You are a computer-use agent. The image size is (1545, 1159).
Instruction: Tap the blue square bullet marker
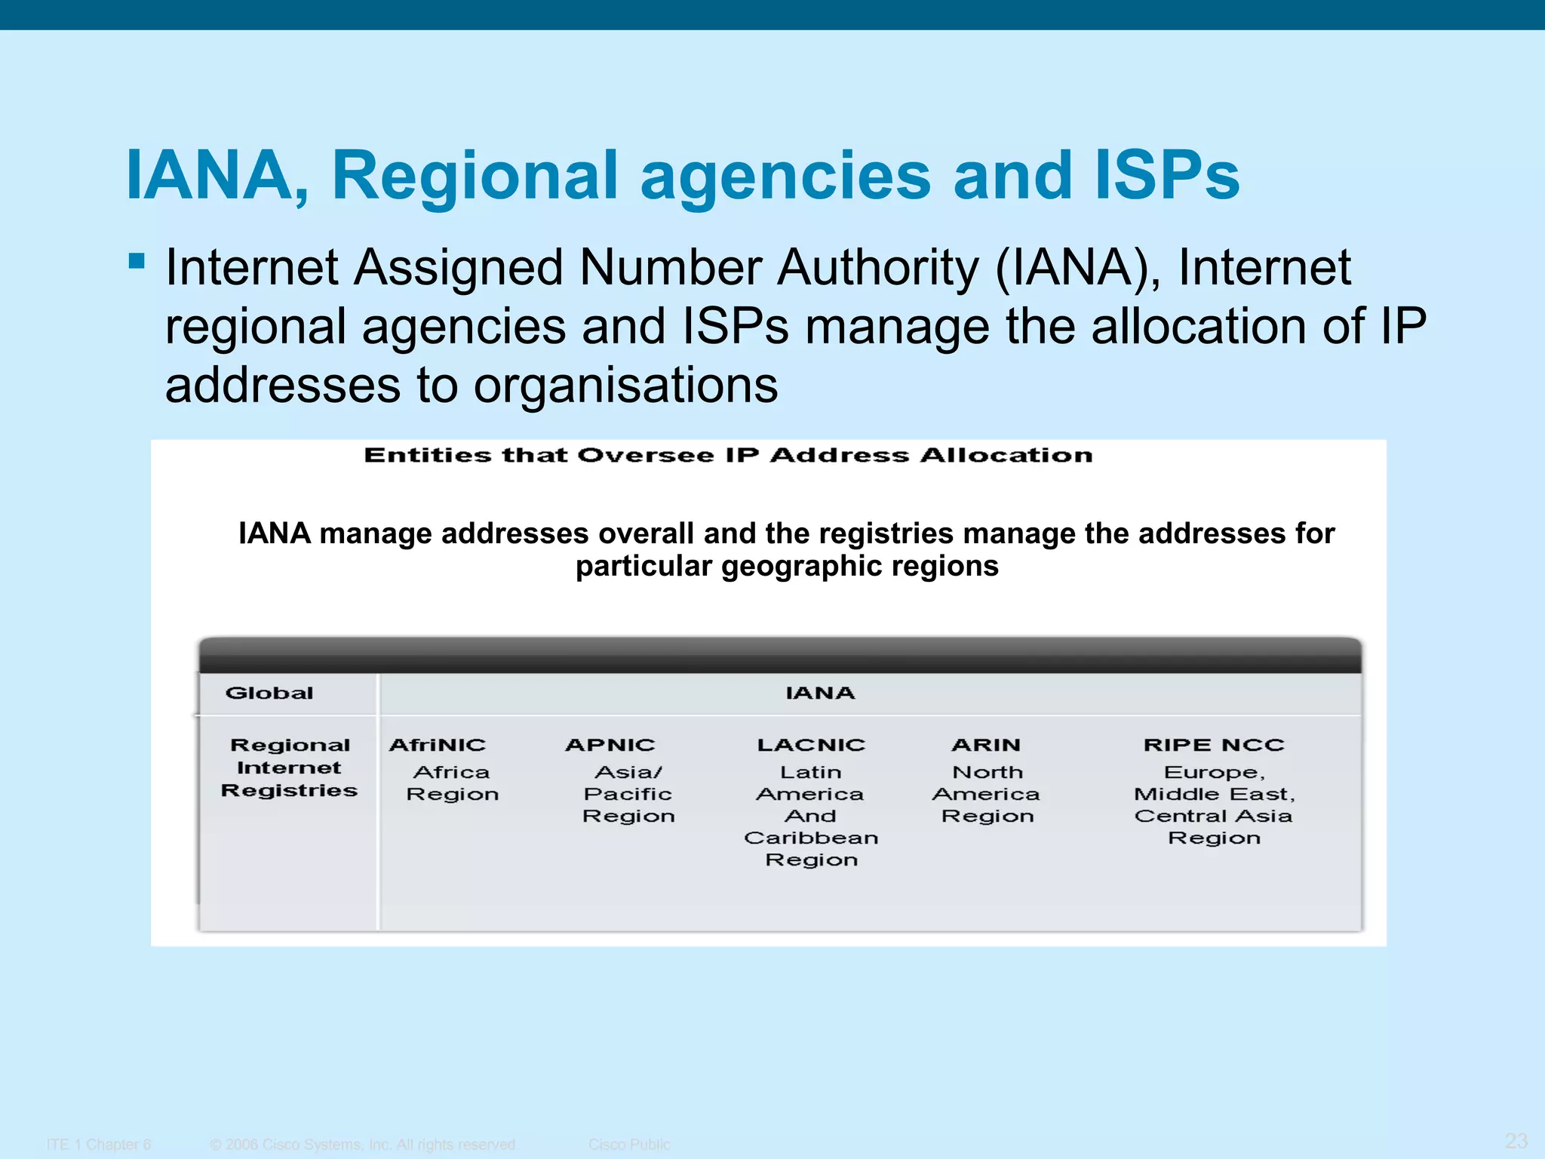click(x=137, y=261)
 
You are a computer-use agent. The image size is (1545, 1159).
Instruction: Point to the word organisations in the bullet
click(x=625, y=386)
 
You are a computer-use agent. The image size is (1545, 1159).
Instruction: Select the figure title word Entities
click(x=427, y=455)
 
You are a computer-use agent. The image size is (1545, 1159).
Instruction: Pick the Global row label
click(x=269, y=693)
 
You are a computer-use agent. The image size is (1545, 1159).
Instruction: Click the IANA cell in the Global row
click(x=820, y=693)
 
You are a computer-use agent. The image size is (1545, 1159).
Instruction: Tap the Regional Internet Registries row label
click(x=289, y=767)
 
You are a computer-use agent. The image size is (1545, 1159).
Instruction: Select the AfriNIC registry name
click(x=438, y=745)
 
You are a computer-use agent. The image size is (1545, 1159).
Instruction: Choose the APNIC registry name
click(x=610, y=745)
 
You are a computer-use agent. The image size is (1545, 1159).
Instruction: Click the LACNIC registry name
click(x=811, y=745)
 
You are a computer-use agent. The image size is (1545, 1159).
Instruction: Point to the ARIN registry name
click(x=986, y=745)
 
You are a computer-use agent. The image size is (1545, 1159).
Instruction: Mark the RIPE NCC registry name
click(x=1214, y=745)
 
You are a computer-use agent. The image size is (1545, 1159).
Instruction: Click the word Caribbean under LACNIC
click(x=811, y=838)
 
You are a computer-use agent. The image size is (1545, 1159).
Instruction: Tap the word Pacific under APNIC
click(x=628, y=794)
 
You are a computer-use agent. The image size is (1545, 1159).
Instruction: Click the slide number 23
click(x=1516, y=1140)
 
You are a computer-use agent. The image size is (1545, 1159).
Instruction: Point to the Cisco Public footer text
click(x=629, y=1144)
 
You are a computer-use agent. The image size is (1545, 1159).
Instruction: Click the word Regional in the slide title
click(x=475, y=175)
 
